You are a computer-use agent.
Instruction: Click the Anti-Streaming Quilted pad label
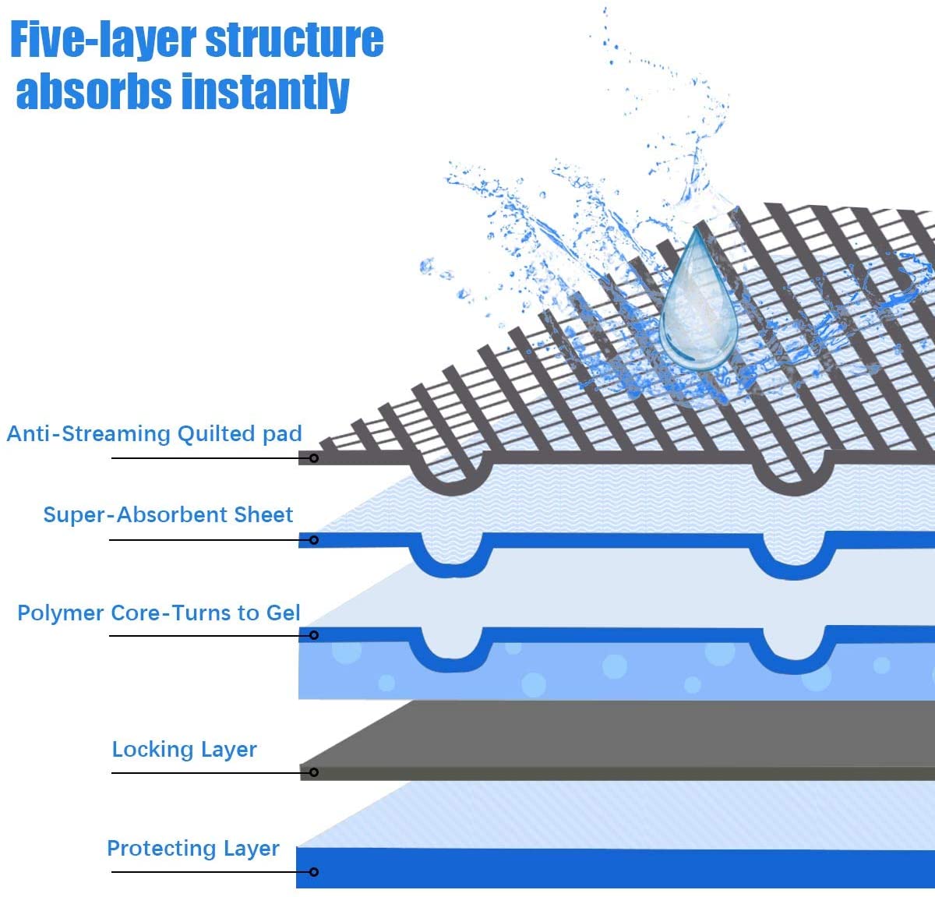[154, 434]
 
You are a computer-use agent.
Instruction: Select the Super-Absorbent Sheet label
[168, 515]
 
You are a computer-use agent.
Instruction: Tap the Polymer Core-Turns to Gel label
[159, 613]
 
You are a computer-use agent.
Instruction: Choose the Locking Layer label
[184, 750]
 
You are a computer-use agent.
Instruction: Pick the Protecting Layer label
[192, 849]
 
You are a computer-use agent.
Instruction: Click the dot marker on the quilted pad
[314, 458]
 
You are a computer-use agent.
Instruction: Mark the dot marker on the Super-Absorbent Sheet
[314, 540]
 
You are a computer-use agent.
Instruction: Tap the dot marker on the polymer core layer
[314, 636]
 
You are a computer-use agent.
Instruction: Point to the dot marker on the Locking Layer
[314, 772]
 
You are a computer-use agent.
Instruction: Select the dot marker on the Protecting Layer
[314, 871]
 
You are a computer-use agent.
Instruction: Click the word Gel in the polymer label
[283, 613]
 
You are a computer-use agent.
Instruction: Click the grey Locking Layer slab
[623, 740]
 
